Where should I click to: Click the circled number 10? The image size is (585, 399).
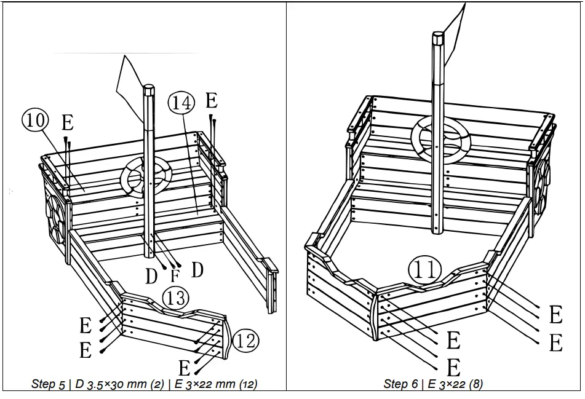pos(35,120)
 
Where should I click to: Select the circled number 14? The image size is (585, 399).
pos(181,101)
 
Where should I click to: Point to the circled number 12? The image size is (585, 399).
pos(245,341)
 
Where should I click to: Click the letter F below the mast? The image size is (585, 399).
pos(174,275)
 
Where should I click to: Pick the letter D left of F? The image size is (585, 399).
pos(152,277)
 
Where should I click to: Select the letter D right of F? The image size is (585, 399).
pos(197,269)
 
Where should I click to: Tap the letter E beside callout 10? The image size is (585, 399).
pos(67,123)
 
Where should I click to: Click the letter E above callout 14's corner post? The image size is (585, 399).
pos(212,100)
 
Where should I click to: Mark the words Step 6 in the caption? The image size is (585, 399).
pos(400,384)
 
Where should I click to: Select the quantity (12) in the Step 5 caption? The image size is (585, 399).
pos(247,384)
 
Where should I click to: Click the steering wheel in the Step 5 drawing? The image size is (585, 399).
pos(146,176)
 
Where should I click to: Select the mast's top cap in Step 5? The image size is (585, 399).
pos(148,90)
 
